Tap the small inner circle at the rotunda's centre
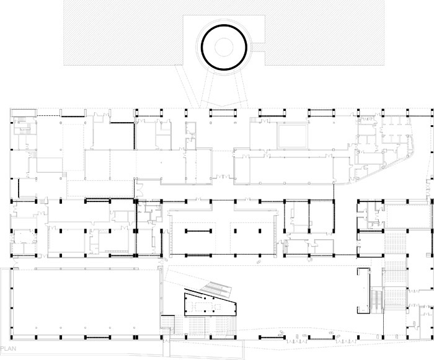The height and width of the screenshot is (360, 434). (224, 47)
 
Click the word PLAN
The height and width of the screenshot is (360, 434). (8, 348)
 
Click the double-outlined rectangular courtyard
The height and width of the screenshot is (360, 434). (293, 136)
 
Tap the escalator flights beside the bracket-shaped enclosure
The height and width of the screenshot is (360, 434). (376, 300)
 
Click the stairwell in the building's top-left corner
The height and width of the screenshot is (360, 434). (24, 126)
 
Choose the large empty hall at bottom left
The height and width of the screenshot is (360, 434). (86, 302)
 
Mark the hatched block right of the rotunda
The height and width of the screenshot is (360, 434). (324, 33)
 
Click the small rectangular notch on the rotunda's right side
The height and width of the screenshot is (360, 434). (258, 47)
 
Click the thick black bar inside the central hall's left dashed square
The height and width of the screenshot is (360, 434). (198, 230)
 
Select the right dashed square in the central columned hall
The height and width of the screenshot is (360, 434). (252, 239)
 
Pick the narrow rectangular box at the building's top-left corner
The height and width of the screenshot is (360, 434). (24, 113)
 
